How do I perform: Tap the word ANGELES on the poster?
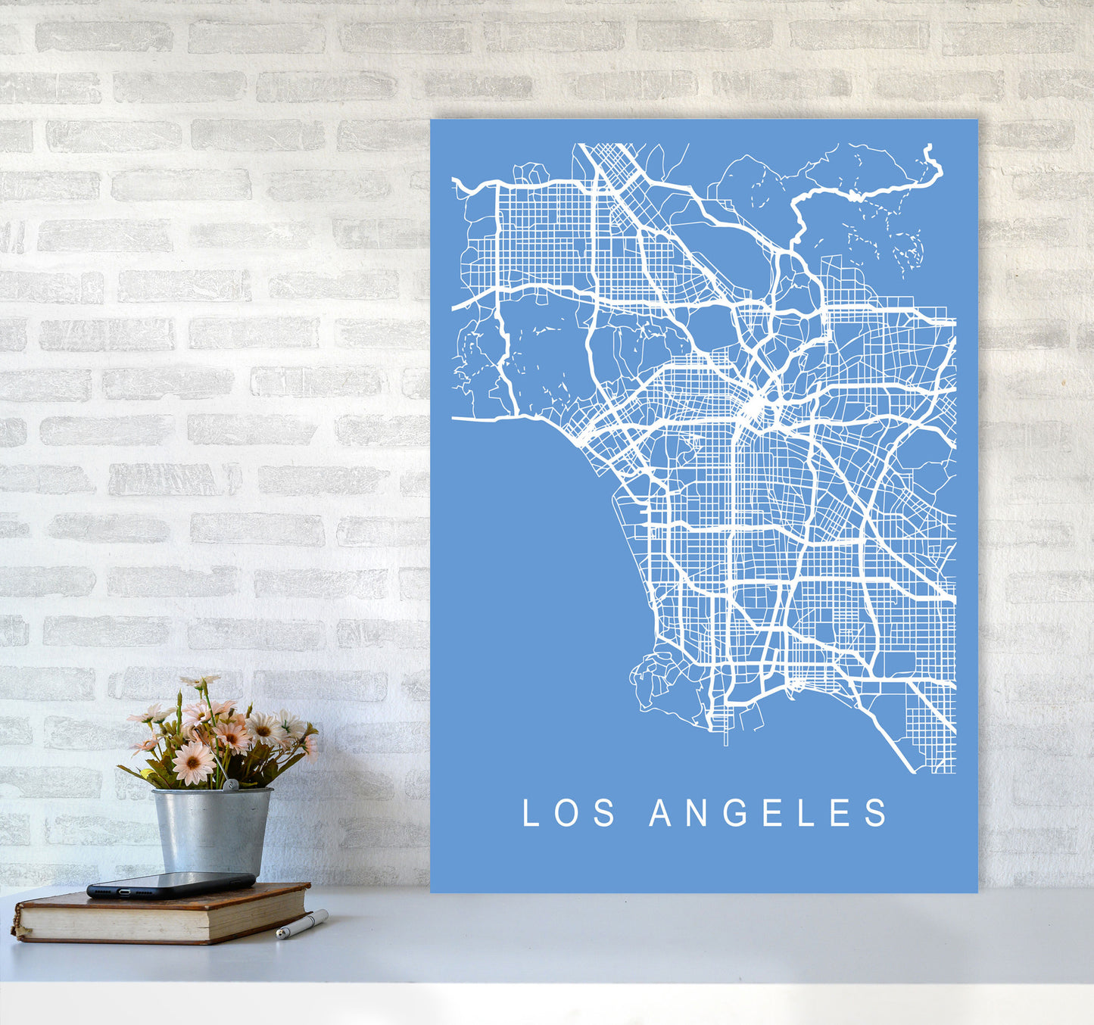[768, 813]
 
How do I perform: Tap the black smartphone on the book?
[170, 884]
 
